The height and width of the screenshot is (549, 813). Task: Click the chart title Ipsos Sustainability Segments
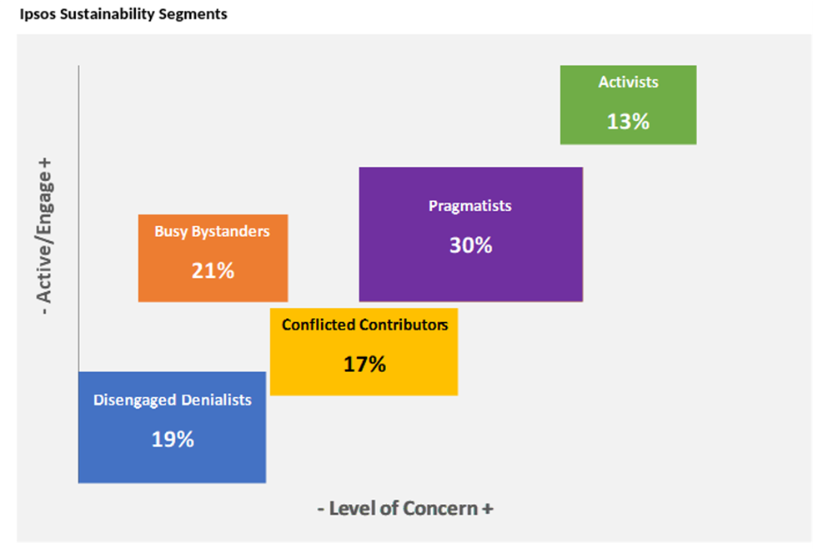[x=123, y=14]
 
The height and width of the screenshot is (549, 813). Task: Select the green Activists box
[x=628, y=104]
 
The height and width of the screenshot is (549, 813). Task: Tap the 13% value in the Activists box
[x=628, y=121]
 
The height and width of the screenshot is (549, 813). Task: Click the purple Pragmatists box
[x=470, y=234]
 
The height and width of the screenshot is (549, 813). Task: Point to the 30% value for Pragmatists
[x=470, y=245]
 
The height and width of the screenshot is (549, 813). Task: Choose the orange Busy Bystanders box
[x=213, y=257]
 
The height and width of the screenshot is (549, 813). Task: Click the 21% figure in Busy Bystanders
[x=213, y=270]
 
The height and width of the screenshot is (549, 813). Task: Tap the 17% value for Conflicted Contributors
[x=364, y=364]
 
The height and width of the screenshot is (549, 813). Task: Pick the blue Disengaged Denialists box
[x=172, y=426]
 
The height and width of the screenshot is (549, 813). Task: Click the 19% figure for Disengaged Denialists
[x=173, y=439]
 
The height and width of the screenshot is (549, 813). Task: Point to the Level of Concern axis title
[x=405, y=508]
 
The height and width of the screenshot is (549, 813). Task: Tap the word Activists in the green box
[x=628, y=82]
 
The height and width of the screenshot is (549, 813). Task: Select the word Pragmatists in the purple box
[x=470, y=205]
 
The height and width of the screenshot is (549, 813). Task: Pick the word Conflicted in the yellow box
[x=319, y=325]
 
